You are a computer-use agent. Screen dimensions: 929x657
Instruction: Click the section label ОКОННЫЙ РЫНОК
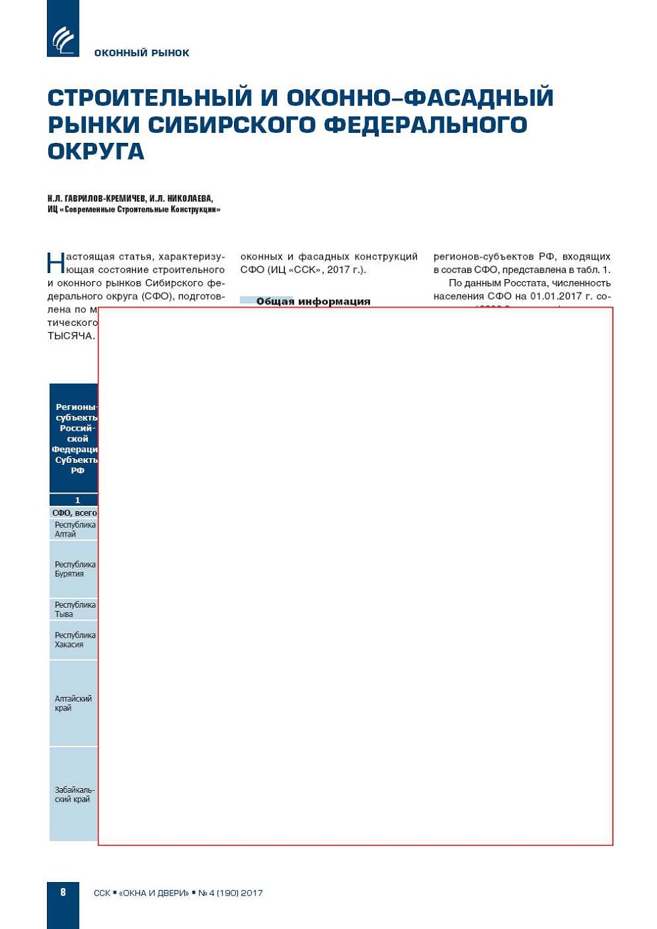pos(141,53)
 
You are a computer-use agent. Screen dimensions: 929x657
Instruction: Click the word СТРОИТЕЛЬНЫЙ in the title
pos(148,98)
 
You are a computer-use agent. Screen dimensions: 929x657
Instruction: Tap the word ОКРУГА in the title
pos(96,152)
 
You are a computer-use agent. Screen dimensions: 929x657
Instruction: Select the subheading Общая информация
pos(312,301)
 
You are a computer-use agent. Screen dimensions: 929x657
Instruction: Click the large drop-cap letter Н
pos(56,262)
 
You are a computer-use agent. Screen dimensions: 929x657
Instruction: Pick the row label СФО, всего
pos(74,513)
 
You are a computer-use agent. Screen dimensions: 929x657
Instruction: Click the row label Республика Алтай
pos(74,529)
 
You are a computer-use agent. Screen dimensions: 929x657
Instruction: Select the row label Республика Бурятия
pos(74,569)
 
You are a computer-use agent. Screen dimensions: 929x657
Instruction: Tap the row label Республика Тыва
pos(74,609)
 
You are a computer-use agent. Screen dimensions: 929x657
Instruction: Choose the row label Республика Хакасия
pos(74,639)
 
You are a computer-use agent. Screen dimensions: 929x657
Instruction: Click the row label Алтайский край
pos(73,703)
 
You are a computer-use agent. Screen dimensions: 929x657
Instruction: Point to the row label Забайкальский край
pos(74,794)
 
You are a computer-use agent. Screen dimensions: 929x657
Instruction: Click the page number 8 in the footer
pos(63,892)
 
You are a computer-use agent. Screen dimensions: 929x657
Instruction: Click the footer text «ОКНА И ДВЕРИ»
pos(154,893)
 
